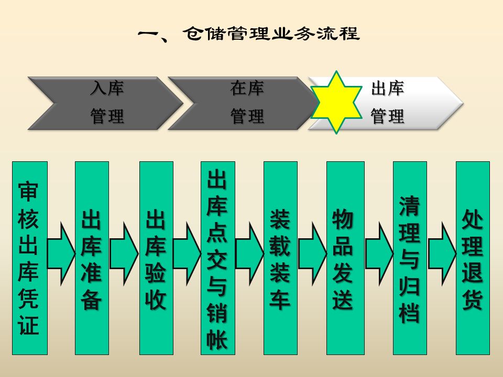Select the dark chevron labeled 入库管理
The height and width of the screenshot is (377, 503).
coord(105,103)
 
